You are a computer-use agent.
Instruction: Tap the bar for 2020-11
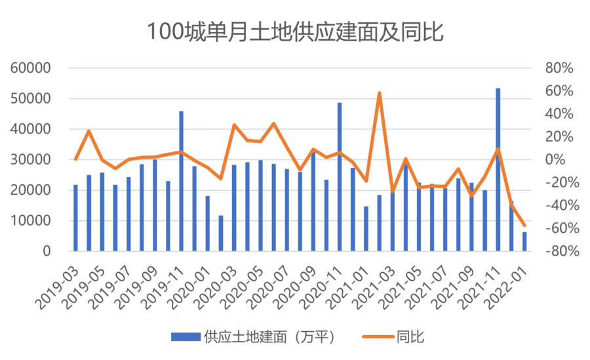tap(340, 177)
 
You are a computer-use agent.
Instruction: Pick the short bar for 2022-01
tap(524, 241)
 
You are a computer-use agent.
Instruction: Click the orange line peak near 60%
tap(379, 93)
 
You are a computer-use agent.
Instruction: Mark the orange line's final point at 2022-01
tap(524, 225)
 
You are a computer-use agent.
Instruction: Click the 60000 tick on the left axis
tap(32, 68)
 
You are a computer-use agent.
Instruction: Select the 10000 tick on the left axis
tap(32, 220)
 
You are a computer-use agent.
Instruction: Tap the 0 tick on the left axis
tap(46, 251)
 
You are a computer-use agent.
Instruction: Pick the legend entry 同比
tap(410, 337)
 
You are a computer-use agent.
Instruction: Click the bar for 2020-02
tap(221, 233)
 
